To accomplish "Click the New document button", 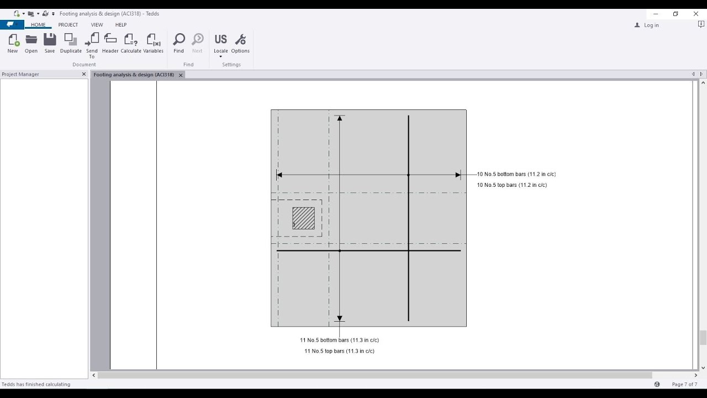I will coord(13,43).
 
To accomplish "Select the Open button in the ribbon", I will coord(31,43).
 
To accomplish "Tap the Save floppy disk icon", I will coord(50,43).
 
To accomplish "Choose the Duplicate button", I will coord(71,43).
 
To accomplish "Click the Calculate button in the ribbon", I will coord(131,43).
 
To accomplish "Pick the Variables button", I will coord(153,43).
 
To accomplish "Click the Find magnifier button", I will coord(178,43).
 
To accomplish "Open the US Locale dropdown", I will coord(220,44).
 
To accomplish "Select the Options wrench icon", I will coord(240,43).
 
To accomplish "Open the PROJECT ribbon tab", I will coord(68,25).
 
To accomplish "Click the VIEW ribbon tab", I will coord(97,25).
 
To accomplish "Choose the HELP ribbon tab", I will coord(121,25).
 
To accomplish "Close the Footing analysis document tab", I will coord(181,75).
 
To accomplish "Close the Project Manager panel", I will coord(84,74).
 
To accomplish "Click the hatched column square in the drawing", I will coord(303,218).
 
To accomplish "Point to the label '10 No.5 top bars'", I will coord(511,185).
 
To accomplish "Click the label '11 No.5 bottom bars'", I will coord(339,340).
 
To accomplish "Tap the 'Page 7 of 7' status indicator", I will coord(684,384).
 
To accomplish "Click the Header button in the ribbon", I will coord(110,43).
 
